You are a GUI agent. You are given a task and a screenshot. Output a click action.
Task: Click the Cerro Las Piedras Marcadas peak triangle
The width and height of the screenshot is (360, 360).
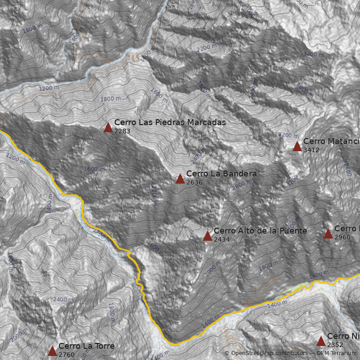[108, 127]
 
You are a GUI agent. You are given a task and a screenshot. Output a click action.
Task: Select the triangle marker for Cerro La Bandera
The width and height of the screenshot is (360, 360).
[180, 179]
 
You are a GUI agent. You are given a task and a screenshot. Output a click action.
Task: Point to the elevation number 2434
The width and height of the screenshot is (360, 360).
[222, 239]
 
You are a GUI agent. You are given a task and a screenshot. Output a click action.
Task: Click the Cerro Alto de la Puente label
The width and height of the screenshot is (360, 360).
[260, 231]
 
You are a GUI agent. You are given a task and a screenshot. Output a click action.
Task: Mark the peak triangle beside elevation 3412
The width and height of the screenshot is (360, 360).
[297, 146]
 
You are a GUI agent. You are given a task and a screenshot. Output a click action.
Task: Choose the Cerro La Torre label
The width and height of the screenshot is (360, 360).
[86, 346]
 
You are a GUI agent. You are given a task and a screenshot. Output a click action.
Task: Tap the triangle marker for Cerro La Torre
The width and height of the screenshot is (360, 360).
[52, 351]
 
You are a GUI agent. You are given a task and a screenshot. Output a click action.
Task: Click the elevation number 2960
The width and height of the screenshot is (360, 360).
[342, 237]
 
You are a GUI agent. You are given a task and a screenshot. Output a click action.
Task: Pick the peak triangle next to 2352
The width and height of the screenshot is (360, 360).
[321, 341]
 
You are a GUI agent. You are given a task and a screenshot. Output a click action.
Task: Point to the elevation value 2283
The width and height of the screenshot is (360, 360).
[122, 131]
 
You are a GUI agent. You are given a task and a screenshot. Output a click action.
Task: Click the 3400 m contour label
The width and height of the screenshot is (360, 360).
[313, 54]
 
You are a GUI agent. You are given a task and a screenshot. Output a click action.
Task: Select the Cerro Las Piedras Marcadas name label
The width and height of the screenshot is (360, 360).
[170, 122]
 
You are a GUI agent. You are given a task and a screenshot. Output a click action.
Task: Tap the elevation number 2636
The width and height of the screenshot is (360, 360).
[194, 182]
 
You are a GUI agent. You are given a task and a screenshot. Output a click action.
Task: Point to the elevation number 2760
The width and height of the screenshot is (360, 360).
[67, 355]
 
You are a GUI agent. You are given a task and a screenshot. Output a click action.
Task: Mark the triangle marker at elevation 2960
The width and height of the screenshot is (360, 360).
[328, 234]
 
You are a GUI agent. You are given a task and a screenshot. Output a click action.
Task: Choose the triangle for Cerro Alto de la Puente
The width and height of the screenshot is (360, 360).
[207, 236]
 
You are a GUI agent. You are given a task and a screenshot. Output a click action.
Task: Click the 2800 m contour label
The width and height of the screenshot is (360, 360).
[242, 185]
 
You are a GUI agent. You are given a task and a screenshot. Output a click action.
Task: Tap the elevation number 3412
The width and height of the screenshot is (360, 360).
[311, 150]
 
